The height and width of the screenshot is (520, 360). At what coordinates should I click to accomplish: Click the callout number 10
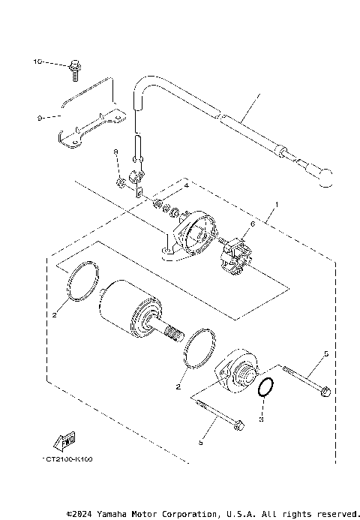(37, 62)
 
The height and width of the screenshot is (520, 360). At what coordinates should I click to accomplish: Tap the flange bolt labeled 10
(73, 71)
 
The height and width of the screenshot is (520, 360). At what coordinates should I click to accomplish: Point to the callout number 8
(116, 152)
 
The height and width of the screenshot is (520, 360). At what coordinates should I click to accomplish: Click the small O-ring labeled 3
(265, 389)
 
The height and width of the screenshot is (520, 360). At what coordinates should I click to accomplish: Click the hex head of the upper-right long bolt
(325, 391)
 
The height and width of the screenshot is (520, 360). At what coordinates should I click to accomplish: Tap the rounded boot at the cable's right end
(325, 179)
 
